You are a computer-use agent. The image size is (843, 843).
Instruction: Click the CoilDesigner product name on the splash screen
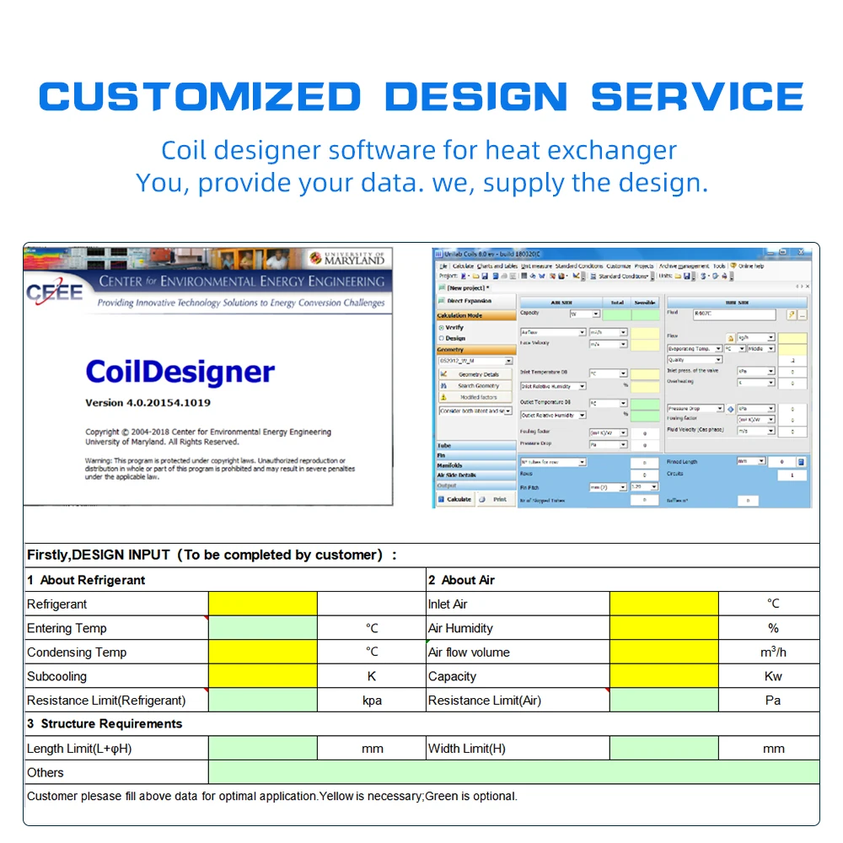click(x=180, y=372)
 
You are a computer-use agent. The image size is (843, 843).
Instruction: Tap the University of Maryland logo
click(x=346, y=259)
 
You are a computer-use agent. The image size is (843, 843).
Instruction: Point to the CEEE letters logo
click(x=56, y=292)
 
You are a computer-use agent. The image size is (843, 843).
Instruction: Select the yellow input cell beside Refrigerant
click(x=262, y=604)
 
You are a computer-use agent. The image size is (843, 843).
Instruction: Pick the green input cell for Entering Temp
click(x=262, y=628)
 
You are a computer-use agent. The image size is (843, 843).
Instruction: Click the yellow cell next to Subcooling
click(x=262, y=676)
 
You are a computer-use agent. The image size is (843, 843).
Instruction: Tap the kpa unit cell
click(x=372, y=701)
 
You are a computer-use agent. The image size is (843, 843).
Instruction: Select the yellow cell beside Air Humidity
click(x=663, y=628)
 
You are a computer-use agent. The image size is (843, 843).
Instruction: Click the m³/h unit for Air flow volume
click(x=772, y=652)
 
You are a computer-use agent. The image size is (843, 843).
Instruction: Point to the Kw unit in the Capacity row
click(x=772, y=676)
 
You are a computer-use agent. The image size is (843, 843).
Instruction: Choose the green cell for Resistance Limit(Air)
click(x=663, y=701)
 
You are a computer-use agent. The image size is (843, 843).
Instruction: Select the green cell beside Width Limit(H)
click(x=663, y=749)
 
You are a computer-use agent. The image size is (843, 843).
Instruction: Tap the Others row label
click(x=46, y=772)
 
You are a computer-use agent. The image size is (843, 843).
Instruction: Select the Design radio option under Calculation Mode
click(x=442, y=338)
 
